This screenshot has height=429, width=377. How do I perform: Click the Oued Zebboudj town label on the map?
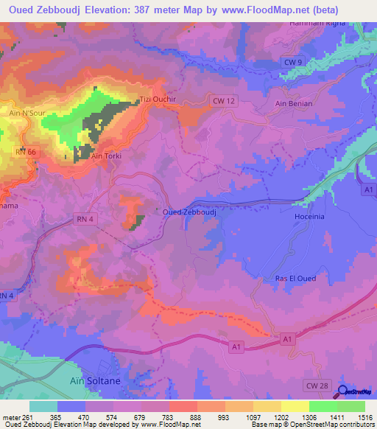coord(189,212)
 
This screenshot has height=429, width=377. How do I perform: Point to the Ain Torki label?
coord(105,156)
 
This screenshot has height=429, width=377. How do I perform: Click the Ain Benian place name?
coord(293,104)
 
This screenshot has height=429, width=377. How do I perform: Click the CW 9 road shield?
coord(292,63)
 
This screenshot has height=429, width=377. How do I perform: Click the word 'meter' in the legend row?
coord(11,417)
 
